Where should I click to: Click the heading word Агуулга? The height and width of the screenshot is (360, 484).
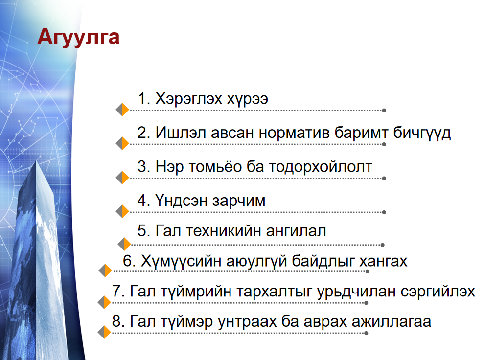click(x=78, y=38)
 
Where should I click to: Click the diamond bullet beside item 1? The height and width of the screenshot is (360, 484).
click(x=122, y=110)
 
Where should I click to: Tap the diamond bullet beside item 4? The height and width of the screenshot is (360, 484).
click(x=122, y=211)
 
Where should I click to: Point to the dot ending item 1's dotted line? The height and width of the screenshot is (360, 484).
click(x=384, y=110)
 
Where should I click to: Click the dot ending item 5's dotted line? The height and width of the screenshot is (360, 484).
click(x=382, y=245)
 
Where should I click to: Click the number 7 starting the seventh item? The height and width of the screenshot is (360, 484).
click(x=116, y=292)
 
